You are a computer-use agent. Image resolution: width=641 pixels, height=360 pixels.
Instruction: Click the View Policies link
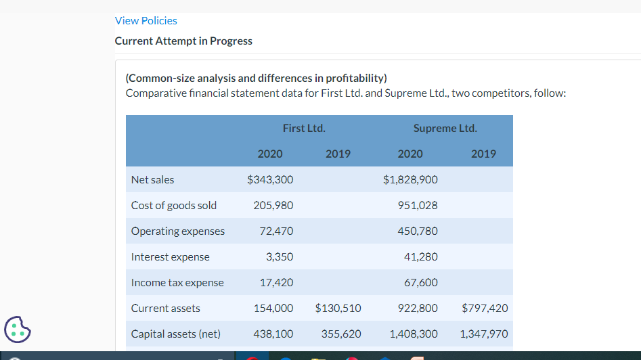(146, 21)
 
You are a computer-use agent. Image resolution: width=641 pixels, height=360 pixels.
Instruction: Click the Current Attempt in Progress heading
(183, 41)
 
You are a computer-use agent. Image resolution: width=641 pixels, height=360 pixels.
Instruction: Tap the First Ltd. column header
(304, 128)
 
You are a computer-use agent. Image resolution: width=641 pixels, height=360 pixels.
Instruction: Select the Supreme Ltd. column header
(445, 128)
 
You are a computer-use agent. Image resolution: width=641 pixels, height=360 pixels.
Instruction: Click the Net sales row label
(152, 180)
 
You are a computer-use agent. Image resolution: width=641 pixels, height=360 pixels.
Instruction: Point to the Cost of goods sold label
(174, 206)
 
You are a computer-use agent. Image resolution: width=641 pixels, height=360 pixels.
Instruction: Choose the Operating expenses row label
(178, 231)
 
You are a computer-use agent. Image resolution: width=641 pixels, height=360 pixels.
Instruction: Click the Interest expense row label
(171, 257)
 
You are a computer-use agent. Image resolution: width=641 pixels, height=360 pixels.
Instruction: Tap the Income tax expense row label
(177, 283)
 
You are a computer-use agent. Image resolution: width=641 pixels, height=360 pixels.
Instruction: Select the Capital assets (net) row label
(175, 334)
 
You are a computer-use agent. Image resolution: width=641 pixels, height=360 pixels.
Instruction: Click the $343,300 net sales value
(270, 180)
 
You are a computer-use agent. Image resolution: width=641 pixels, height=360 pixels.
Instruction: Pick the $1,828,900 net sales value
(410, 180)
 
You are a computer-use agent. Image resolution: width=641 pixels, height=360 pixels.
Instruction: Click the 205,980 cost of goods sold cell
(273, 206)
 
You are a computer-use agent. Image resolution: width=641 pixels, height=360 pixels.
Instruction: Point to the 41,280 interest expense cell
(421, 257)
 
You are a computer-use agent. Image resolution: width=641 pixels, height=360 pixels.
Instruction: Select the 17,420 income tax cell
(277, 283)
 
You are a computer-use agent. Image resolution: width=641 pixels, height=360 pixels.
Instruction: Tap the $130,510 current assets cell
(338, 309)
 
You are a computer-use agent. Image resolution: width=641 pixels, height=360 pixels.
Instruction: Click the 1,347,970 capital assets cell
(483, 334)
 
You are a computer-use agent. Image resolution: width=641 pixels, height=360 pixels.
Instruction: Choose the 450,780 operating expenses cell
(418, 231)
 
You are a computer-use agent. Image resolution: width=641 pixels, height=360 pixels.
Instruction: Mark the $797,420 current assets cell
(484, 309)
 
